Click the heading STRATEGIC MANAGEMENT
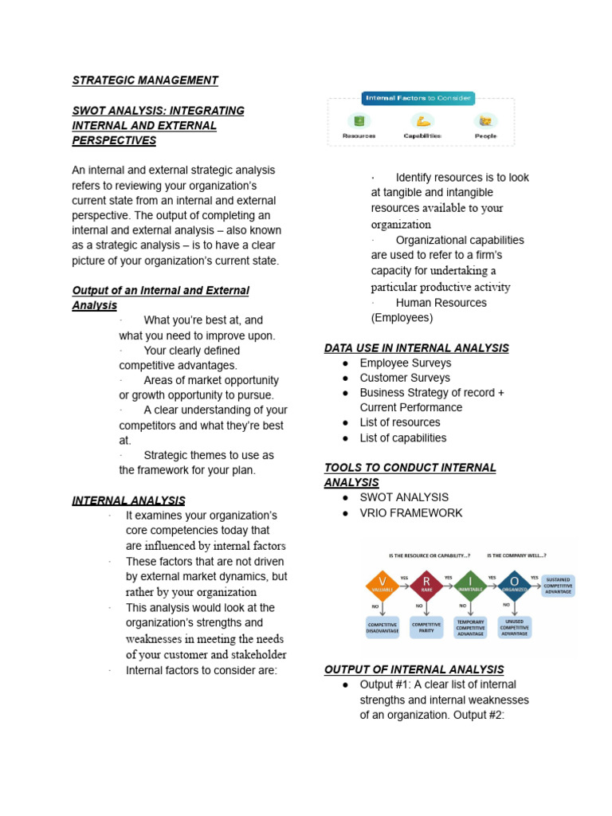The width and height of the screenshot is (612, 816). click(x=145, y=80)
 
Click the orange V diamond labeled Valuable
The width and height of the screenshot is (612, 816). click(x=382, y=588)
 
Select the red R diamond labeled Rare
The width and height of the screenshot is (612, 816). click(x=426, y=588)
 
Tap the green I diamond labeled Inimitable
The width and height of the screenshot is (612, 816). click(x=470, y=588)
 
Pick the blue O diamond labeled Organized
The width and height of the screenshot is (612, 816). click(x=514, y=588)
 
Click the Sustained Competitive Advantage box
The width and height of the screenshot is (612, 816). click(x=558, y=586)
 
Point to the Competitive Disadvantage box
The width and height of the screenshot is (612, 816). click(x=382, y=628)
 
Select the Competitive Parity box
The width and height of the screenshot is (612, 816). click(x=426, y=628)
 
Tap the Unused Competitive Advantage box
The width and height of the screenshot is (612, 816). click(x=514, y=627)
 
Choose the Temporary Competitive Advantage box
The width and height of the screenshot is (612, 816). click(x=470, y=627)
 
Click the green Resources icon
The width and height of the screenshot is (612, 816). click(x=359, y=121)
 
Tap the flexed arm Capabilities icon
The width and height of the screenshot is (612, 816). click(x=422, y=121)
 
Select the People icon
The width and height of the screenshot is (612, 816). click(x=484, y=121)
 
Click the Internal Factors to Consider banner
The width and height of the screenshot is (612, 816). click(x=418, y=99)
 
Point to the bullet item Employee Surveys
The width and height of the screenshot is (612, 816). click(x=405, y=363)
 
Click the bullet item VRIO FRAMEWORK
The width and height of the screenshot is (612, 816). click(x=410, y=513)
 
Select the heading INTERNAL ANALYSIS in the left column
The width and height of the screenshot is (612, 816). click(x=128, y=500)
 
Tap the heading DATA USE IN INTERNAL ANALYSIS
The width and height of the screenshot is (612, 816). click(x=416, y=348)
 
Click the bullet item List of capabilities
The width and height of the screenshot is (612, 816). click(x=402, y=438)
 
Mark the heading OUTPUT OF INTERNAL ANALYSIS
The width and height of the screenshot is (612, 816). click(x=414, y=669)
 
